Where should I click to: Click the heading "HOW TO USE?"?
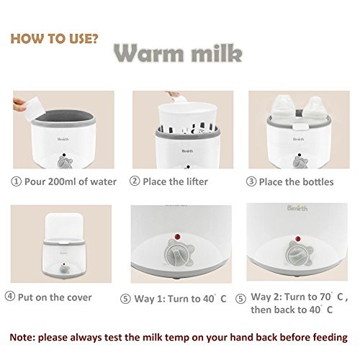[55, 39]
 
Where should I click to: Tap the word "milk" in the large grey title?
[217, 53]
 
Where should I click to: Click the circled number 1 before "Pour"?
[16, 181]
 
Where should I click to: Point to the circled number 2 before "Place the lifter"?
[135, 181]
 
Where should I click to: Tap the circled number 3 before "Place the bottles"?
[251, 181]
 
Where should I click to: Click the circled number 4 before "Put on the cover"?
[10, 296]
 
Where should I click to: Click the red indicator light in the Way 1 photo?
[177, 237]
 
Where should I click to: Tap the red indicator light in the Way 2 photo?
[298, 239]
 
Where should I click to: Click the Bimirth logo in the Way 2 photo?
[297, 208]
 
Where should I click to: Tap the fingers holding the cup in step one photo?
[19, 105]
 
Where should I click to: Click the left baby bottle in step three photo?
[283, 108]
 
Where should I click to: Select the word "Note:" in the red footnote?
[22, 337]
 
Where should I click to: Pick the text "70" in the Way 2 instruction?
[325, 297]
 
